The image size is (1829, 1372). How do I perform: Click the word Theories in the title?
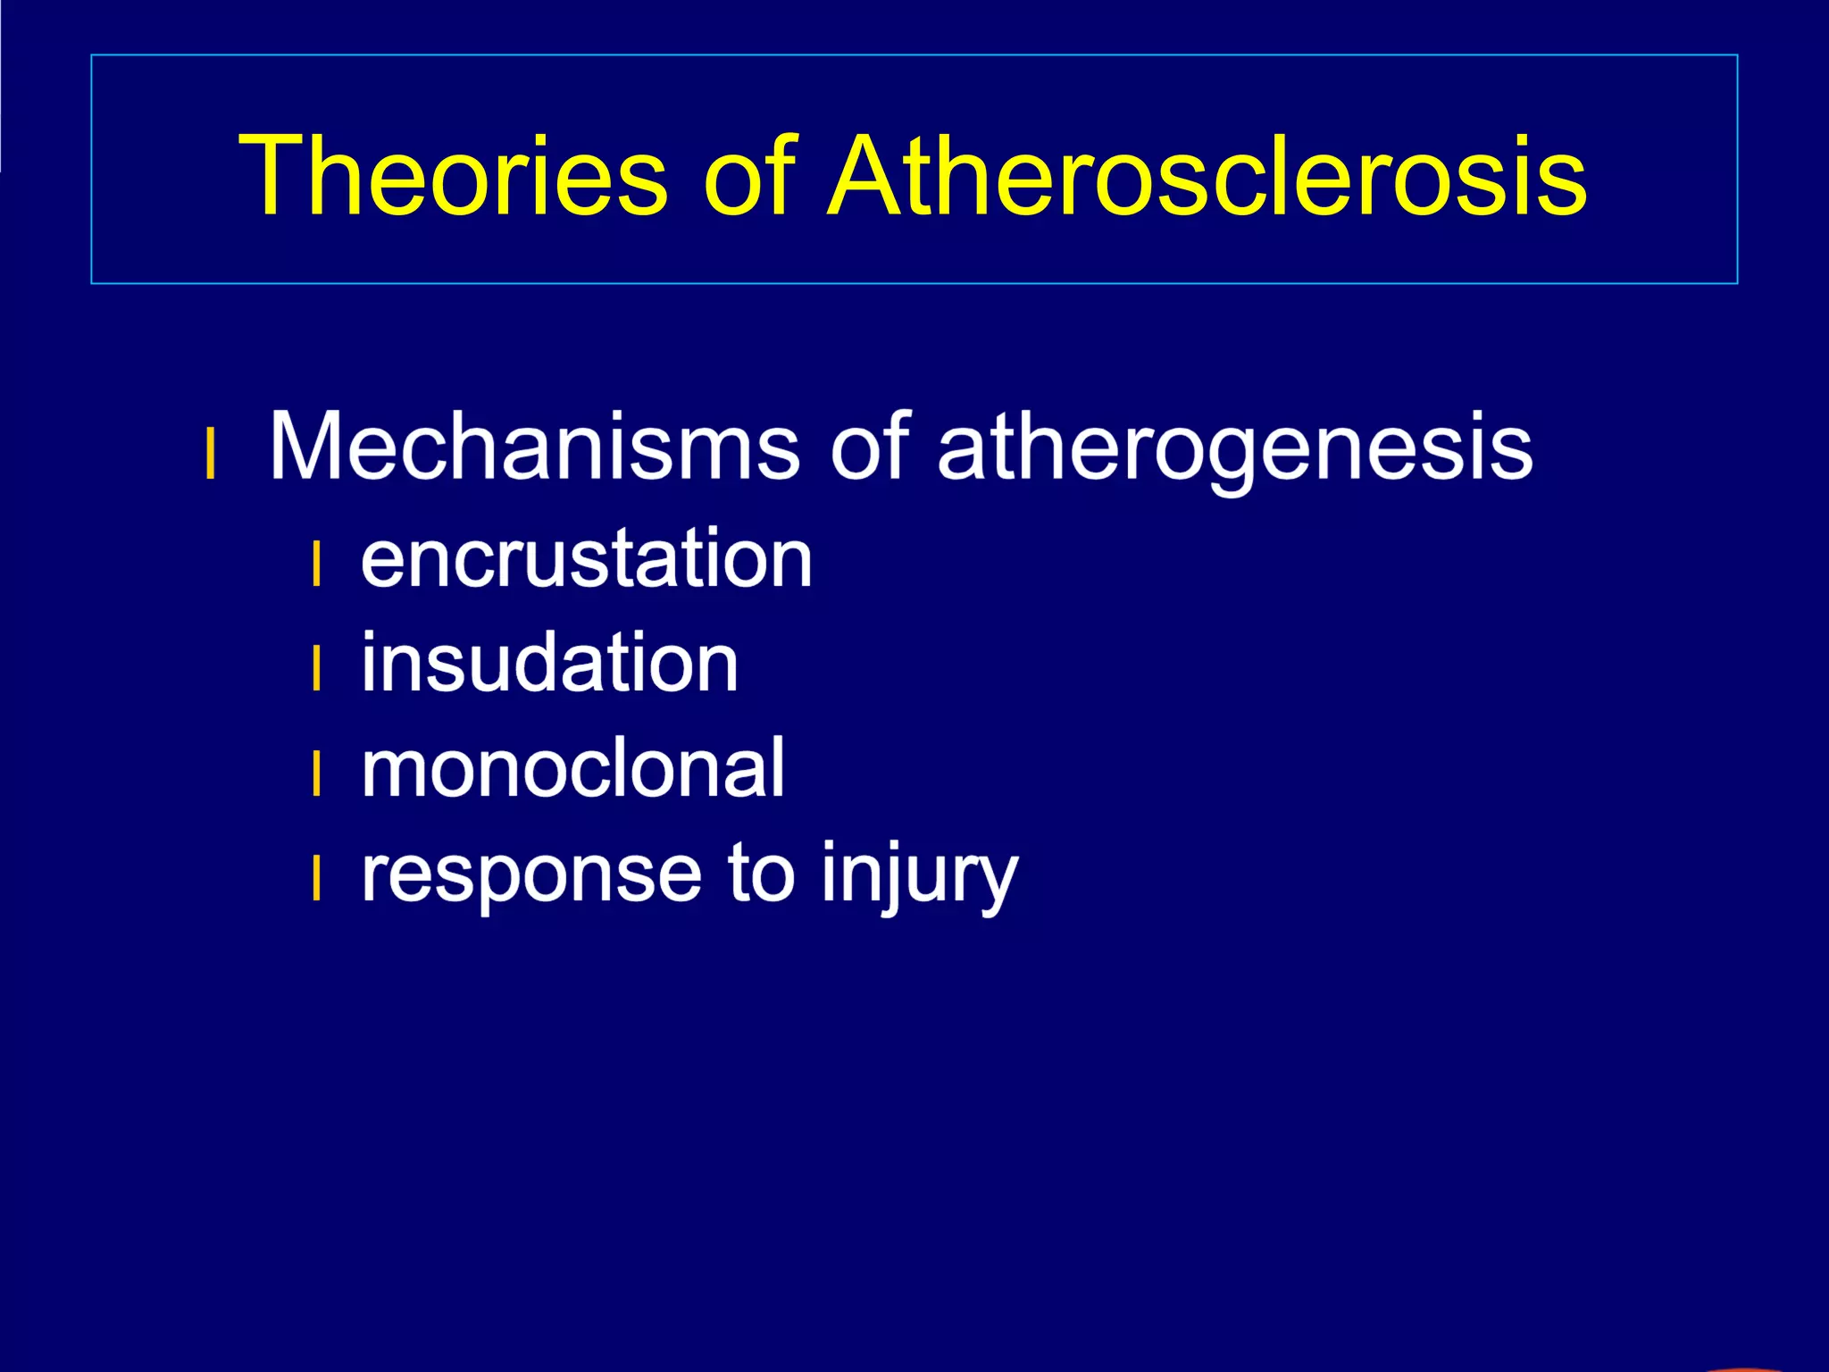click(453, 175)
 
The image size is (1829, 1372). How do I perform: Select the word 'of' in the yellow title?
click(748, 175)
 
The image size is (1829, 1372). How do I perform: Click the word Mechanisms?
click(533, 446)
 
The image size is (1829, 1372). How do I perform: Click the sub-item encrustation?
click(587, 559)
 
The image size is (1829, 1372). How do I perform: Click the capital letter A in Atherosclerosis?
click(871, 175)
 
